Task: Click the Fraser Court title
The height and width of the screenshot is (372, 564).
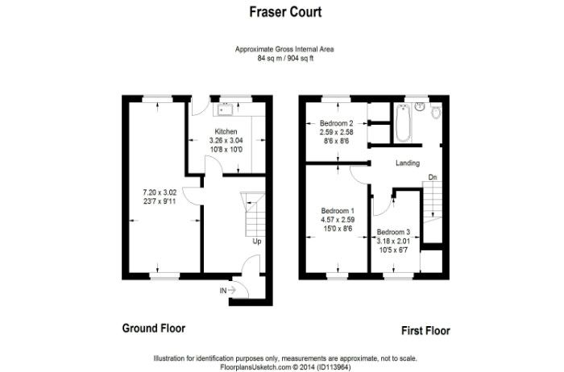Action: tap(285, 12)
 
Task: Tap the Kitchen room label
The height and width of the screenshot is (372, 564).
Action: tap(226, 131)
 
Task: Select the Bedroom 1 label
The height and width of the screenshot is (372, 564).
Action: tap(338, 211)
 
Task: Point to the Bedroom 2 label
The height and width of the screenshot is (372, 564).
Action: tap(337, 123)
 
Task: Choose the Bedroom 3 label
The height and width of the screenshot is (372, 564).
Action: tap(393, 232)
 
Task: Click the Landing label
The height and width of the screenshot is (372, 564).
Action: tap(408, 163)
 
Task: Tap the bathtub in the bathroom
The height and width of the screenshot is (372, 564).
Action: tap(403, 123)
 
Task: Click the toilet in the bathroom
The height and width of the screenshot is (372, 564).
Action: tap(436, 112)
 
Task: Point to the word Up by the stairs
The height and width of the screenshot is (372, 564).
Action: tap(257, 242)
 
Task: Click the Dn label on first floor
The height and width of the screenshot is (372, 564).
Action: tap(433, 177)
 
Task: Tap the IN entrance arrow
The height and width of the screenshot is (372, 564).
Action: tap(231, 290)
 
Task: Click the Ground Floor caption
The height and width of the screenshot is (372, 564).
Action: tap(154, 329)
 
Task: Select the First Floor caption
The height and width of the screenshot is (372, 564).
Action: tap(425, 331)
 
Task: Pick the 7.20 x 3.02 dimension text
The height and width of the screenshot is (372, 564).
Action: tap(160, 192)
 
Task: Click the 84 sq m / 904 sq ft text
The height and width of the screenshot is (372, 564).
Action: tap(285, 58)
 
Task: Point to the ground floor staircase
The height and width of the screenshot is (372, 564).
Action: tap(253, 214)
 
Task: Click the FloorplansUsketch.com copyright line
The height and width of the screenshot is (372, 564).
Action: tap(285, 367)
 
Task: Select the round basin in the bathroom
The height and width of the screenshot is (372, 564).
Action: tap(420, 106)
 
